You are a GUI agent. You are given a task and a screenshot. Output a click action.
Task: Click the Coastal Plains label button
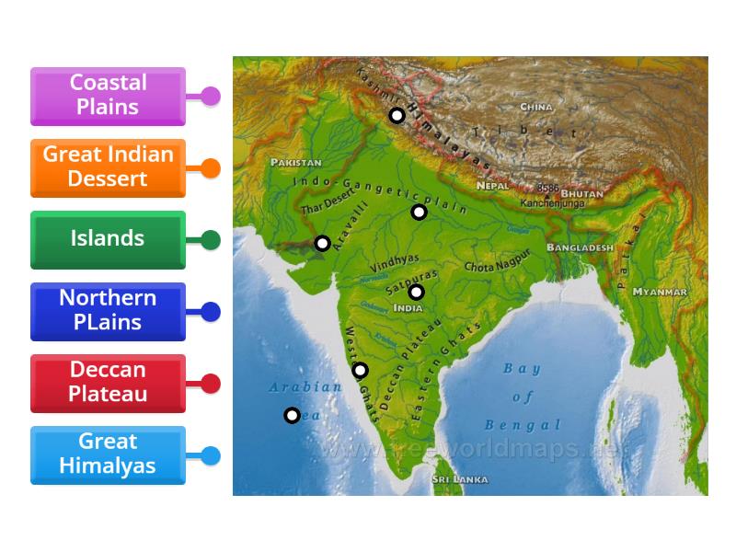point(108,96)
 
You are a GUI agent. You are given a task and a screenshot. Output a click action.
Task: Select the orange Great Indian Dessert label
point(108,167)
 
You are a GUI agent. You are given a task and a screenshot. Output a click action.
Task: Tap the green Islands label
point(108,239)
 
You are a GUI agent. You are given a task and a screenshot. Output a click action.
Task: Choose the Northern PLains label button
point(108,311)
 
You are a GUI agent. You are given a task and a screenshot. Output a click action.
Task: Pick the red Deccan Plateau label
point(108,383)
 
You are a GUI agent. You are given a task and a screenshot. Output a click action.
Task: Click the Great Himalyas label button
point(108,454)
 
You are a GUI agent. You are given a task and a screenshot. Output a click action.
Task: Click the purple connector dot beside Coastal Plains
point(211,96)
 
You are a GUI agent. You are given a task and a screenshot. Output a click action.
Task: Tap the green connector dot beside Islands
point(211,240)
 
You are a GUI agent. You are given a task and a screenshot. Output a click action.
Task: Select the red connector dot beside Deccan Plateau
point(211,384)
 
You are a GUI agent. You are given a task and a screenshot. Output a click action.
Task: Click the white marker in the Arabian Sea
point(292,415)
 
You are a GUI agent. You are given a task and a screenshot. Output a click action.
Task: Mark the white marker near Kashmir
point(397,115)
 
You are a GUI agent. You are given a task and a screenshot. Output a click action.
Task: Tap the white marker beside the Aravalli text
point(322,243)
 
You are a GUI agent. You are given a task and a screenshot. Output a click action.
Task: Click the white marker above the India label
point(416,292)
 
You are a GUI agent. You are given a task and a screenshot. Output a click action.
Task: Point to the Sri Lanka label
point(461,479)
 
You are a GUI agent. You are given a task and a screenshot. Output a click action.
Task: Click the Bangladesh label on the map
point(580,248)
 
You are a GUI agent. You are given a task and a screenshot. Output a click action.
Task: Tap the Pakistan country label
point(295,162)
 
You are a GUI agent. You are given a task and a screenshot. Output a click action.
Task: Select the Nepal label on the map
point(492,186)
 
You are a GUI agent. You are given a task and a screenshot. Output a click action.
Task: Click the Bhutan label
point(581,195)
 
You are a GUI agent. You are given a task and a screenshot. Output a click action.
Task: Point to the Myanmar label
point(660,292)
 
